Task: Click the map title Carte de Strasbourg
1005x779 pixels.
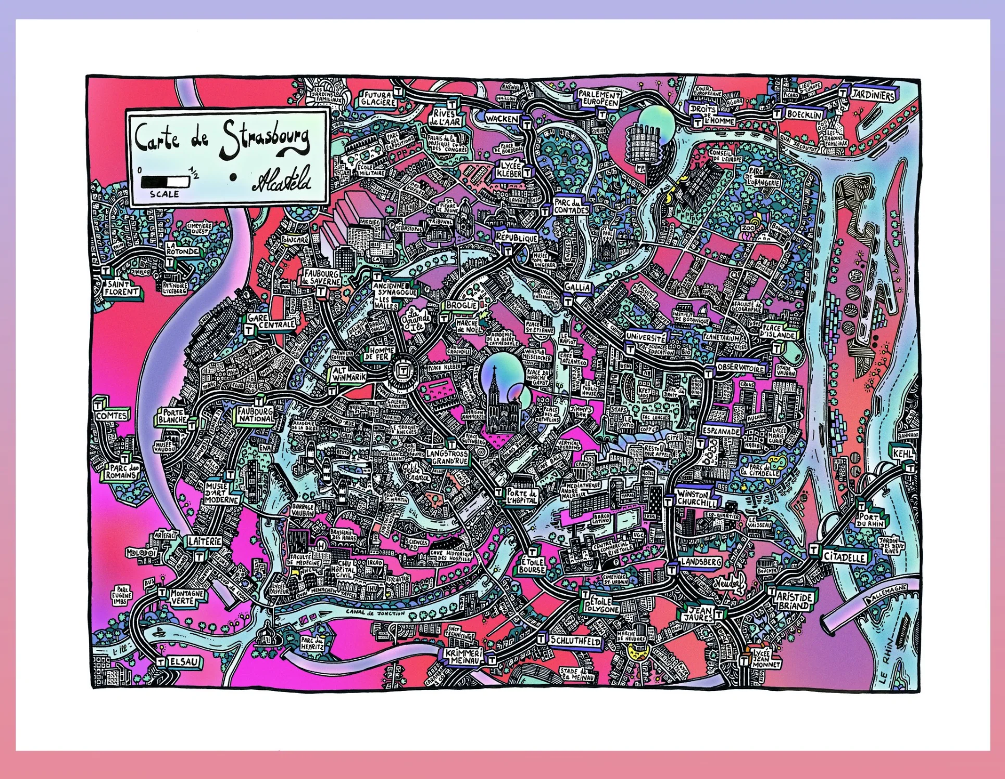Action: pyautogui.click(x=221, y=138)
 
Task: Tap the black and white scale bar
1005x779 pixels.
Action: pyautogui.click(x=165, y=182)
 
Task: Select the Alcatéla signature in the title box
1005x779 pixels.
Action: pyautogui.click(x=282, y=179)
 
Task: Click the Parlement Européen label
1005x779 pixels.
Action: pyautogui.click(x=599, y=98)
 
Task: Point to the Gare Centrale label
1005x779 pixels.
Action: pyautogui.click(x=271, y=321)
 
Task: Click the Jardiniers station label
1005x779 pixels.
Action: pyautogui.click(x=873, y=95)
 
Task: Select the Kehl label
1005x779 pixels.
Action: pyautogui.click(x=903, y=454)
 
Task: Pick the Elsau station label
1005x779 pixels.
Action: pyautogui.click(x=184, y=661)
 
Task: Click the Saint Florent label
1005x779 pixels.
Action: pyautogui.click(x=121, y=288)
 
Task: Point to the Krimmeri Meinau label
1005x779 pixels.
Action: pyautogui.click(x=463, y=656)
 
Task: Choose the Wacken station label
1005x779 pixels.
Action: pyautogui.click(x=502, y=119)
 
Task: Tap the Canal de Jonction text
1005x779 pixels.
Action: pyautogui.click(x=375, y=613)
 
